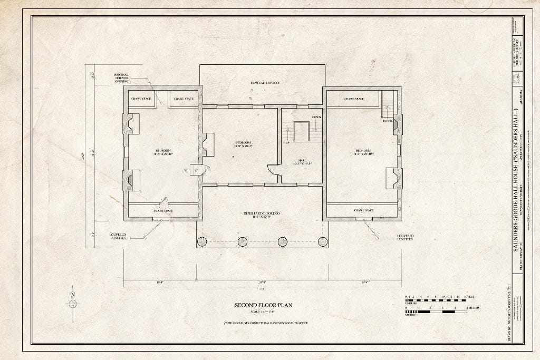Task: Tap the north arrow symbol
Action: pos(72,303)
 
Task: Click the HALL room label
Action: pos(302,160)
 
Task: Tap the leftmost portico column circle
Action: pos(202,242)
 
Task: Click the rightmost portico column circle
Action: pos(323,242)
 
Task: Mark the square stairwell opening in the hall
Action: pos(302,131)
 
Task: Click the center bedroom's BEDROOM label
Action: pos(243,143)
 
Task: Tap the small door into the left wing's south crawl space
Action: pos(165,201)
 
